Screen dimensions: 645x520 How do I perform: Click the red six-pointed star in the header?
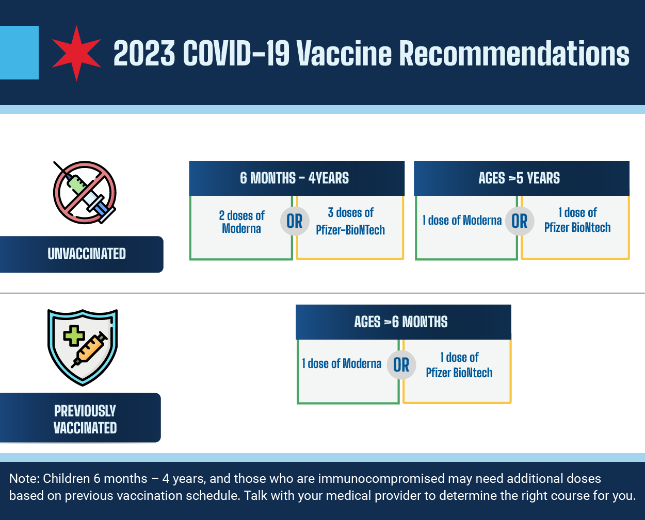coord(76,54)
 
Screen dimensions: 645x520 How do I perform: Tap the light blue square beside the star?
coord(19,53)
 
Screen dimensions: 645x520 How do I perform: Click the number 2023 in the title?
coord(144,53)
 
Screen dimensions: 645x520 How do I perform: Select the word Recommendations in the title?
coord(514,53)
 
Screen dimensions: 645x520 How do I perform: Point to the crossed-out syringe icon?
coord(85,193)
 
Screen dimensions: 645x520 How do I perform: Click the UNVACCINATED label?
coord(87,254)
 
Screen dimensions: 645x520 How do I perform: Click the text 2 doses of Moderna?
coord(241,222)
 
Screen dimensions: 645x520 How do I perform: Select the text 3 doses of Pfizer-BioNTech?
coord(350,221)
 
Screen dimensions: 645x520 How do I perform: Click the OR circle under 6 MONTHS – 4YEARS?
coord(295,221)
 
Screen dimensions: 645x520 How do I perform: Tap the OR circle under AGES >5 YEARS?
coord(520,221)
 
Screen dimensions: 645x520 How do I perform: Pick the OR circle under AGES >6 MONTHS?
coord(401,365)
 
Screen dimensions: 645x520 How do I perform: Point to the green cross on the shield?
coord(74,336)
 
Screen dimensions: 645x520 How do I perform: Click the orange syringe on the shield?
coord(89,350)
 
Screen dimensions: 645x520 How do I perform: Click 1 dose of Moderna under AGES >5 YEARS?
coord(462,221)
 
